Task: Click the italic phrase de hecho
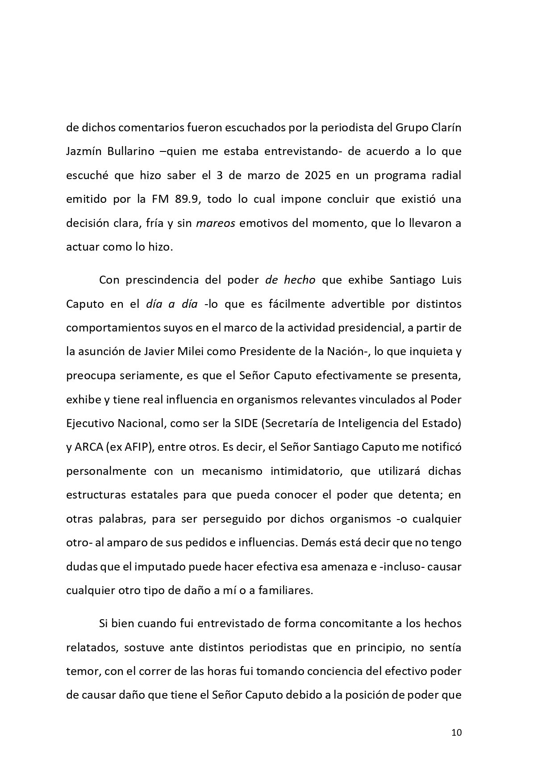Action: tap(290, 280)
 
